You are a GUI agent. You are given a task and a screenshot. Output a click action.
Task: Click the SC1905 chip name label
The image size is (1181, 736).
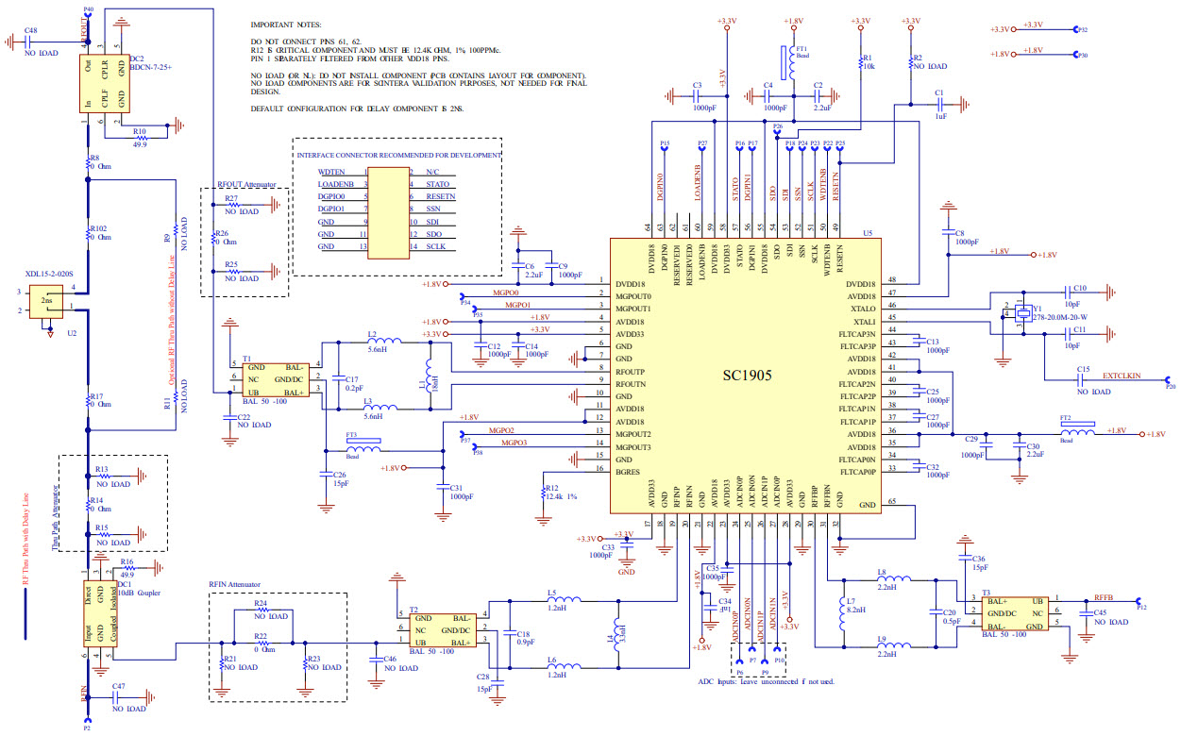[742, 376]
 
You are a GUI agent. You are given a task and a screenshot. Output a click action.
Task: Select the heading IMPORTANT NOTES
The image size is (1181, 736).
[285, 25]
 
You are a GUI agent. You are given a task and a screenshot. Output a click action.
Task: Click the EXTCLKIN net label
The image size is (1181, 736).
[1121, 375]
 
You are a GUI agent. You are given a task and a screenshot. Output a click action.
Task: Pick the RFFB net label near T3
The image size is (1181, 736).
[1103, 598]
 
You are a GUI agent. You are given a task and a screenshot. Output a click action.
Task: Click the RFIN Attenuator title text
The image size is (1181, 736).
[234, 584]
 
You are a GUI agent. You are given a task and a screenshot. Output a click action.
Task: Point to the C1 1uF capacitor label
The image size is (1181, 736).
[939, 98]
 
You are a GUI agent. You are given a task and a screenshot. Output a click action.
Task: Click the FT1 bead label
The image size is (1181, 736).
[801, 52]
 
